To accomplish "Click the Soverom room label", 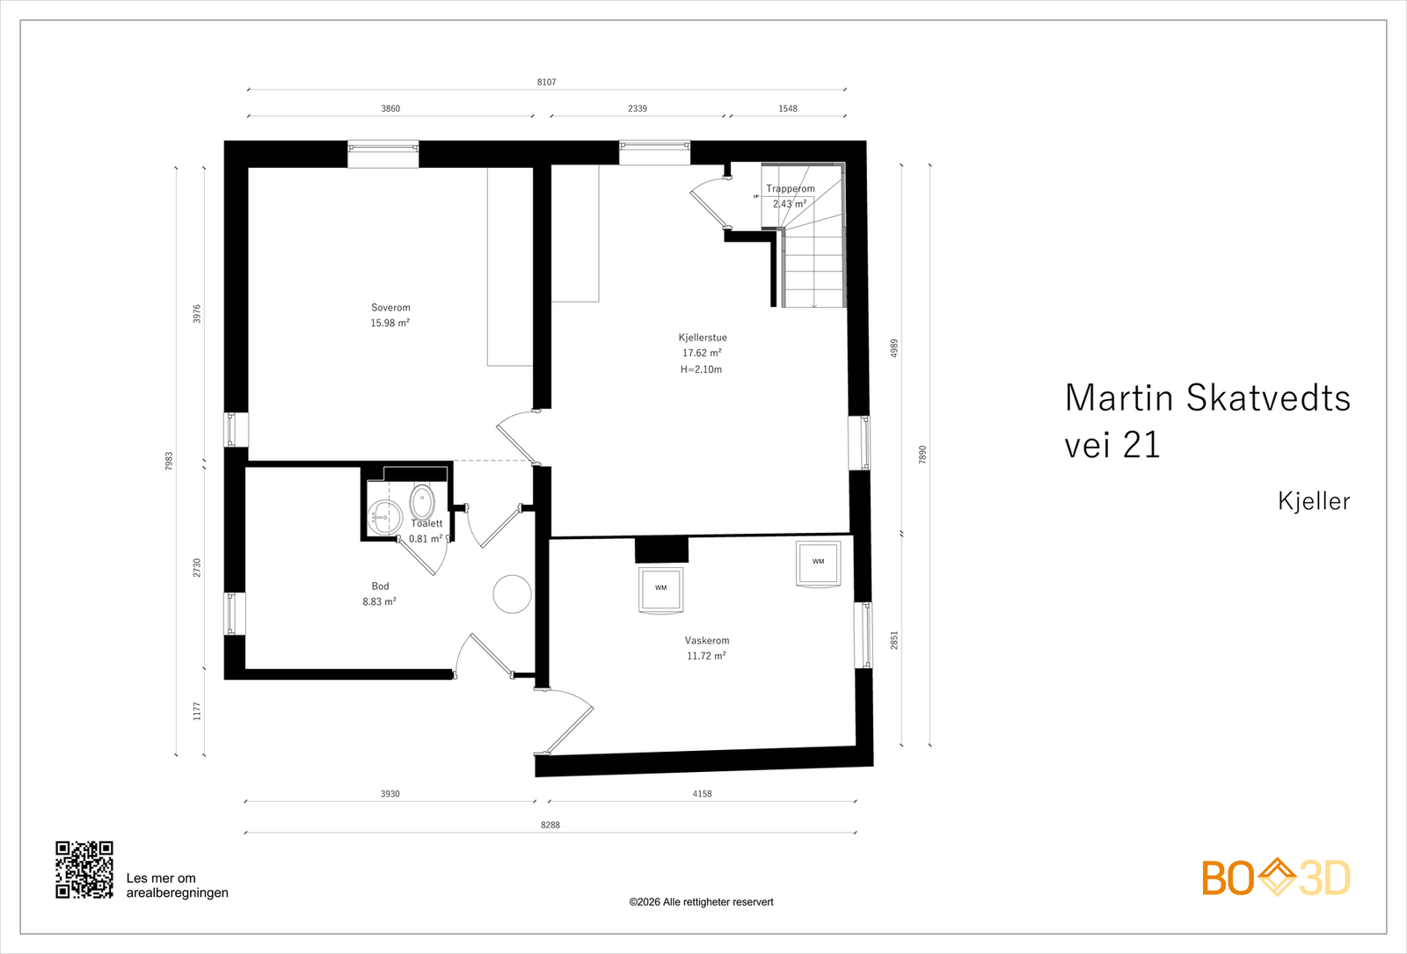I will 390,308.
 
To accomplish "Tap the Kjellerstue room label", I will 702,338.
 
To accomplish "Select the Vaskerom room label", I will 707,641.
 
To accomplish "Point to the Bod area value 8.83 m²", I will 379,602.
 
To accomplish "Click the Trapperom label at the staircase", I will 790,189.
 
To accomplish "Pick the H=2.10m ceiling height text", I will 701,370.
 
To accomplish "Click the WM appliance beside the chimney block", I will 660,588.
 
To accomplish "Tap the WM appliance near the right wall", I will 818,563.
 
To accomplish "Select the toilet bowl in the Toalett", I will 422,502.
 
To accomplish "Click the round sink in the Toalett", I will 384,517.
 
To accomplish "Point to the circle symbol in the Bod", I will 512,594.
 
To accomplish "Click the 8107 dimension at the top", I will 546,83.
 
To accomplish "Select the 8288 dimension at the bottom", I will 550,826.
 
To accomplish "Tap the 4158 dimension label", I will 702,794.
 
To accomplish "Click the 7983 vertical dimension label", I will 169,461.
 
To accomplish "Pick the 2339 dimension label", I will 638,109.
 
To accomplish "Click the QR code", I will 84,870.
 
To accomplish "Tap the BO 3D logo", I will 1275,878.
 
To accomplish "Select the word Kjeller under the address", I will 1313,501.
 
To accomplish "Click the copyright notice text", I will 701,902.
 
